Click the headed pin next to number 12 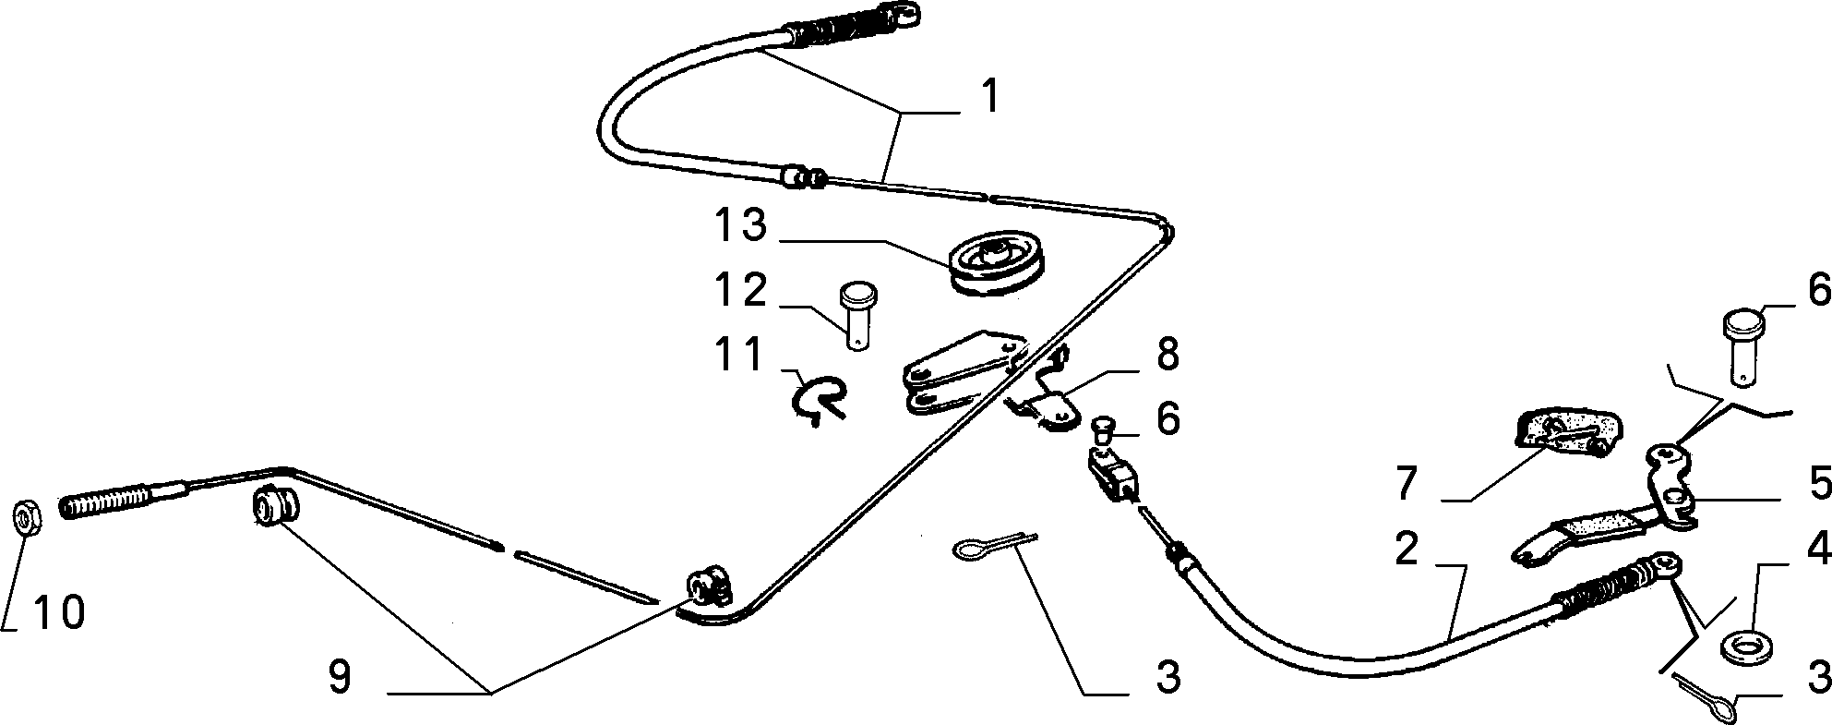pyautogui.click(x=857, y=317)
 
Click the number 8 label pyautogui.click(x=1167, y=356)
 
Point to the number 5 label pyautogui.click(x=1819, y=483)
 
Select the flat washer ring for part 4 pyautogui.click(x=1741, y=646)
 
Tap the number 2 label pyautogui.click(x=1406, y=551)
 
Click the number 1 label pyautogui.click(x=989, y=96)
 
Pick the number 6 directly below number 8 pyautogui.click(x=1167, y=420)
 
